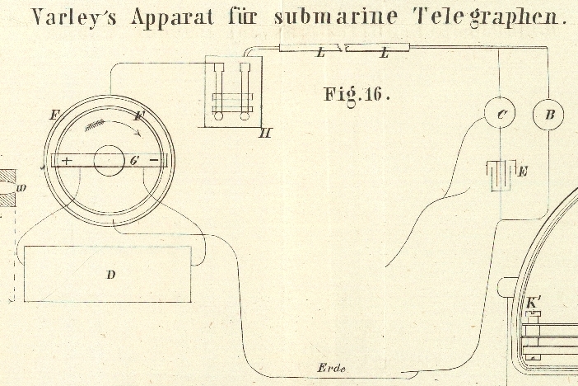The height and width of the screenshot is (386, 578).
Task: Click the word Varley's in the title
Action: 74,17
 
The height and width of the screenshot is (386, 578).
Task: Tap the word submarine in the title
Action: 335,17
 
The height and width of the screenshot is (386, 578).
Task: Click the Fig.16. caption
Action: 357,96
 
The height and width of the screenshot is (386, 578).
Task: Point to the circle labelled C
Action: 499,113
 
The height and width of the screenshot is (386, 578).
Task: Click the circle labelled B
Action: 548,114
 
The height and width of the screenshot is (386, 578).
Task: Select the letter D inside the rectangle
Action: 111,275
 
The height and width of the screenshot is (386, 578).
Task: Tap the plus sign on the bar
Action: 67,161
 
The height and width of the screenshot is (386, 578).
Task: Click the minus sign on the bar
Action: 155,160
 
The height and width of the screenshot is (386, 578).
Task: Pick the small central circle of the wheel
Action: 109,160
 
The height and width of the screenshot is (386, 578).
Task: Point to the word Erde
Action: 331,368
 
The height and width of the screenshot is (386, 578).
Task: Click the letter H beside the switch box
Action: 265,133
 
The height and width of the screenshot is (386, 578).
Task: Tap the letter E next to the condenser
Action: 523,172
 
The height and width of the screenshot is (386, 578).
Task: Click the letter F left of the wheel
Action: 54,115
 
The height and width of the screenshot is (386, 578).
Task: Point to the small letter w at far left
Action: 21,188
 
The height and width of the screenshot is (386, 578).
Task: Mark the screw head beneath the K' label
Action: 533,314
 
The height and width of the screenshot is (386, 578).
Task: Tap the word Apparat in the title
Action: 172,18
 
